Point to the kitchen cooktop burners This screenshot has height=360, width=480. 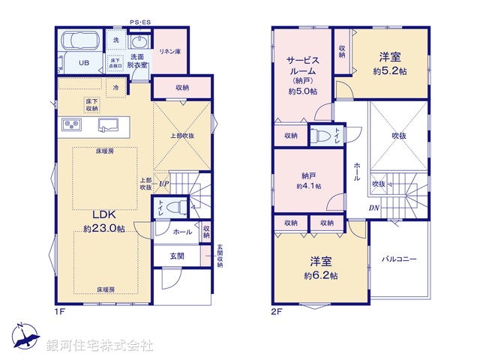coord(70,124)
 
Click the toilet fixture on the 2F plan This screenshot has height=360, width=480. coord(320,136)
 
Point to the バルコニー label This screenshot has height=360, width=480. coord(398,259)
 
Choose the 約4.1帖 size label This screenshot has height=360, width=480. coord(308,186)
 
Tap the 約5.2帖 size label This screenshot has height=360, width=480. coord(389,72)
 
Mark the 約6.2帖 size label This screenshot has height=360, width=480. coord(320,276)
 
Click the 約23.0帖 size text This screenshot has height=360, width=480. coord(104,229)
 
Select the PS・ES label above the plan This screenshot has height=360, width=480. coord(139,23)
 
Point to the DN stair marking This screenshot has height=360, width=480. coord(373,208)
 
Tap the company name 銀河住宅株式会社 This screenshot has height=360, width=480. coord(99,346)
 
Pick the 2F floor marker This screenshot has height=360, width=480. coord(277,310)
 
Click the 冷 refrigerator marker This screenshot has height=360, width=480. coord(116,86)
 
